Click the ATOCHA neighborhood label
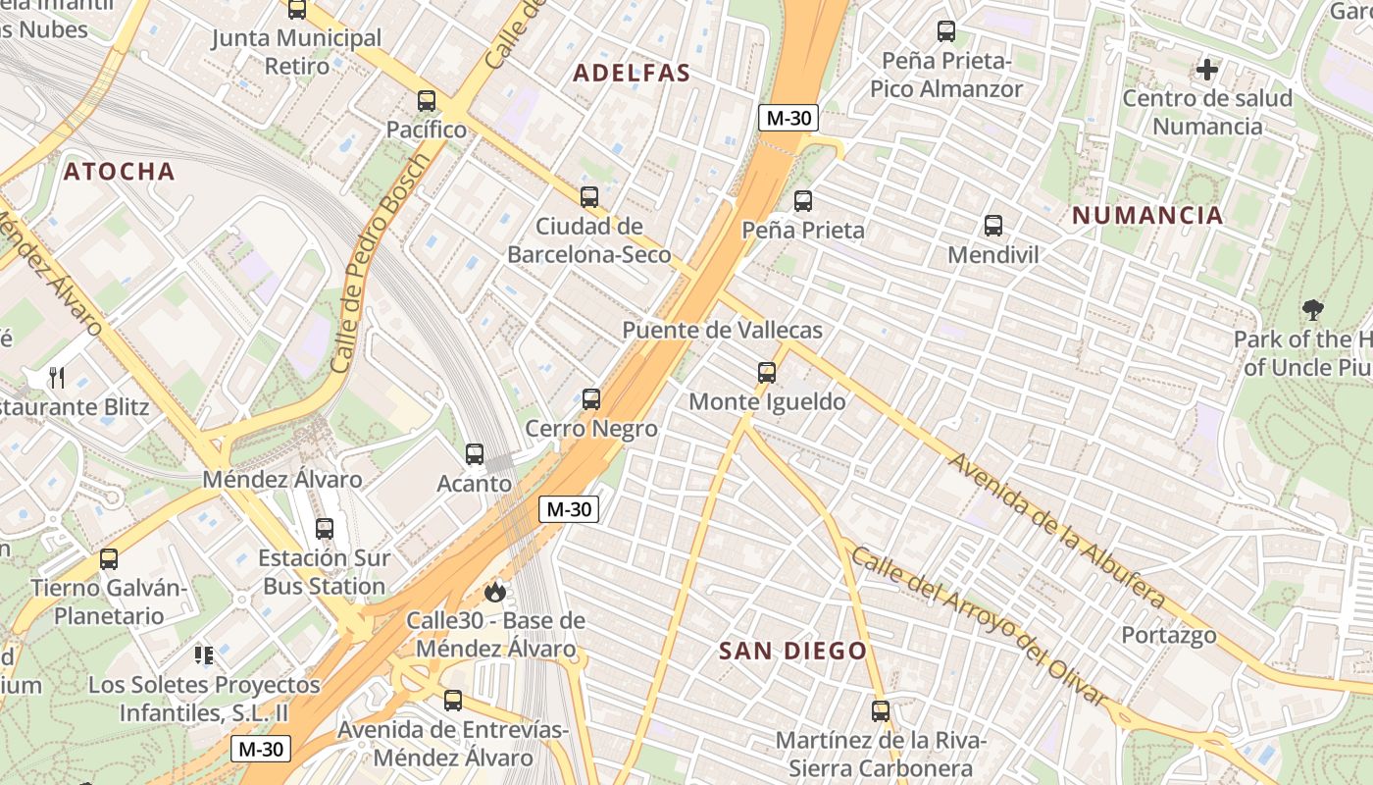[120, 172]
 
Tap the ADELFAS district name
[632, 73]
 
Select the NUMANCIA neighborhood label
[1147, 216]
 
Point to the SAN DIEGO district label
[792, 651]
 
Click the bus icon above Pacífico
[426, 101]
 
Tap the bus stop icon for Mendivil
[992, 226]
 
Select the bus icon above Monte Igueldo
[767, 373]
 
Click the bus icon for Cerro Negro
[591, 399]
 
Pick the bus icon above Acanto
[475, 454]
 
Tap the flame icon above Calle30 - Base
[495, 592]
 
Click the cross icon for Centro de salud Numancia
[1207, 70]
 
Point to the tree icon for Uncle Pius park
[1312, 310]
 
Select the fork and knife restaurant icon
[57, 378]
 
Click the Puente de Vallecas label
[722, 330]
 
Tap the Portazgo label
[1169, 635]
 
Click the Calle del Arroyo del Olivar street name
[978, 624]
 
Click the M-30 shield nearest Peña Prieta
[788, 118]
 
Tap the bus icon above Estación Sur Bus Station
[325, 529]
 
